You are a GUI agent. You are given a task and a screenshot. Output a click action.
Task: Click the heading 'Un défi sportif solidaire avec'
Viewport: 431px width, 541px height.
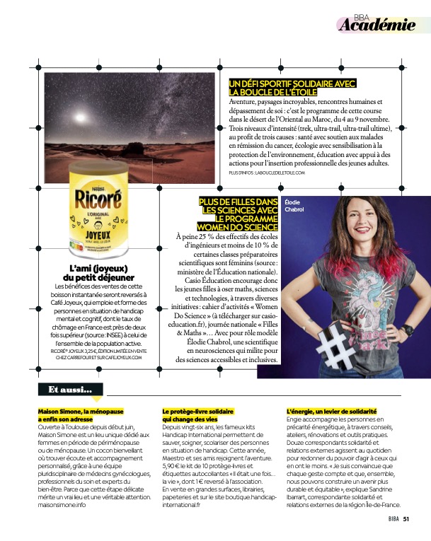tap(292, 83)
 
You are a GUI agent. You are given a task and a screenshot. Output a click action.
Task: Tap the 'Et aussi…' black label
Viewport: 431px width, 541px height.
tap(69, 390)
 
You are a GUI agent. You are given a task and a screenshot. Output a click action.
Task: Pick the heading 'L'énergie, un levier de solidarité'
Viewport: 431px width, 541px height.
tap(331, 411)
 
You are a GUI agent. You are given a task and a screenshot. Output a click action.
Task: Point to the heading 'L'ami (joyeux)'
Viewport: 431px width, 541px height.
tap(98, 268)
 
